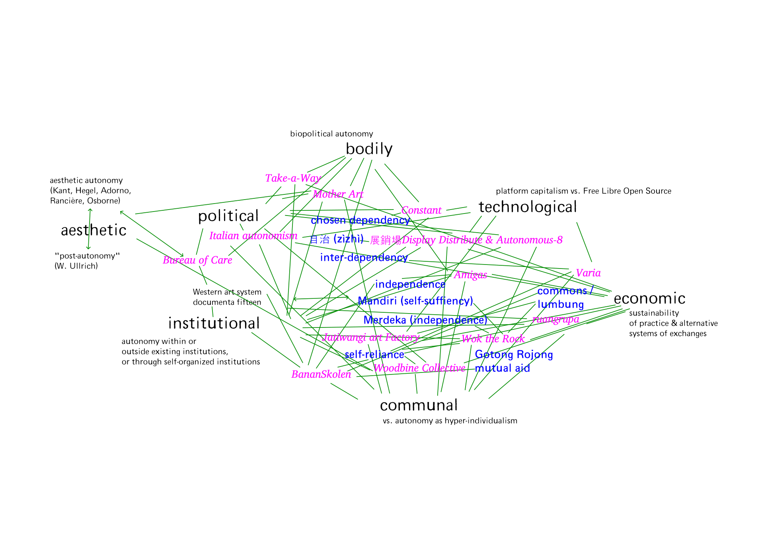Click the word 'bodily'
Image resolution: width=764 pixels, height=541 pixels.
click(x=369, y=149)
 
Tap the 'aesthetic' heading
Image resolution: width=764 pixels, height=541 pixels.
click(x=94, y=230)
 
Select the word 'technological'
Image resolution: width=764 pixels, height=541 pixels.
click(x=527, y=207)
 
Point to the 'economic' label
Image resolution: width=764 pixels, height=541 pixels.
click(x=649, y=298)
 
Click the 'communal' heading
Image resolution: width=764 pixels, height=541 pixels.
click(x=419, y=406)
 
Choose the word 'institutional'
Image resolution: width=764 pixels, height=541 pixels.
click(x=214, y=323)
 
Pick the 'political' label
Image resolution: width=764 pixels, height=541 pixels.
click(x=228, y=216)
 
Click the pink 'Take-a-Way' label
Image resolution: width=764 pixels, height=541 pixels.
click(x=293, y=178)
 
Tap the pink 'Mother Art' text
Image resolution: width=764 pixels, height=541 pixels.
click(x=338, y=194)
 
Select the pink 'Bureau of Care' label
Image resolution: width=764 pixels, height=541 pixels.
click(x=197, y=260)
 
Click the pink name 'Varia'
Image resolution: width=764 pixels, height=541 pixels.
click(x=588, y=273)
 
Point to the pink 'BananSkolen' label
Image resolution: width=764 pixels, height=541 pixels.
click(x=321, y=374)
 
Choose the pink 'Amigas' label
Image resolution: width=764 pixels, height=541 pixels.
click(x=470, y=275)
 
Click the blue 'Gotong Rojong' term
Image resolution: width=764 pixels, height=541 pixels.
click(x=514, y=355)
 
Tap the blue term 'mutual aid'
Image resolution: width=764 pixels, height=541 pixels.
click(x=502, y=369)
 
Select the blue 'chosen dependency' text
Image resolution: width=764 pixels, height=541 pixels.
click(x=360, y=220)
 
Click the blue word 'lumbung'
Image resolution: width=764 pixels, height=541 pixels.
click(x=561, y=305)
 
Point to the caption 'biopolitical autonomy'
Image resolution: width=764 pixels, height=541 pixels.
click(x=331, y=134)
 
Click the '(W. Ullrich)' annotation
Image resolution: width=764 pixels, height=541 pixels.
click(x=76, y=266)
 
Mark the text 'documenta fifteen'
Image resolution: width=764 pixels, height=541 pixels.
click(x=227, y=302)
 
